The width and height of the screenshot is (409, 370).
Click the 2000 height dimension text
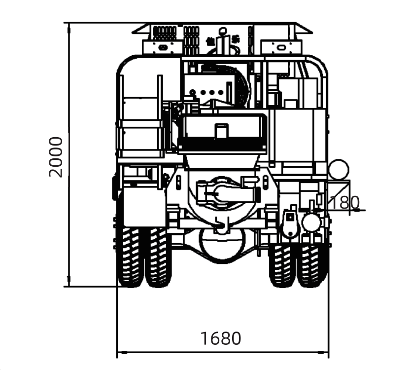pos(56,156)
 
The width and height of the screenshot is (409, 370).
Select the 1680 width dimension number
pos(221,339)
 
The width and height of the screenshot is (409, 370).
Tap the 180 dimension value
pos(343,203)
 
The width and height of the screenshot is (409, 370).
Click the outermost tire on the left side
pos(130,257)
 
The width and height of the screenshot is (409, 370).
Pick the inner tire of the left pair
pos(158,257)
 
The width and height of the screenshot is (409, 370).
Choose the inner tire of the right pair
pos(282,264)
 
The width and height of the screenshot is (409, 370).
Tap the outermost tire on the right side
pos(311,264)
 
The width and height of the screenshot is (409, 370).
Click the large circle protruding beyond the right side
pos(339,169)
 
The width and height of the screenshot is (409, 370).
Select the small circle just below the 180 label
pos(311,222)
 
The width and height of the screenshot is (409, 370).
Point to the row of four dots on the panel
pos(206,92)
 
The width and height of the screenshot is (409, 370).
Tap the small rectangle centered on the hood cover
pos(221,131)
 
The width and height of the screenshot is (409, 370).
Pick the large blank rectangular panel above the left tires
pos(144,207)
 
